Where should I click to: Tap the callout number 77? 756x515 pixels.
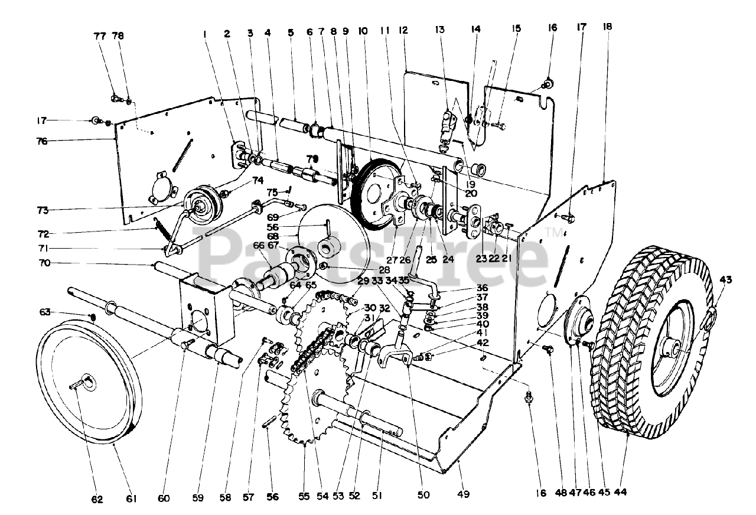(x=100, y=36)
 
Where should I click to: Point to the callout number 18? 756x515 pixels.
(x=607, y=27)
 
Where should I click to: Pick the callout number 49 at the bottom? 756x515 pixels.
(x=464, y=494)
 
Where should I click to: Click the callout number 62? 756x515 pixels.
(x=97, y=499)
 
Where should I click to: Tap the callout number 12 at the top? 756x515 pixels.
(x=404, y=30)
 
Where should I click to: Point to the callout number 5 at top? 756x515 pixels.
(x=290, y=34)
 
